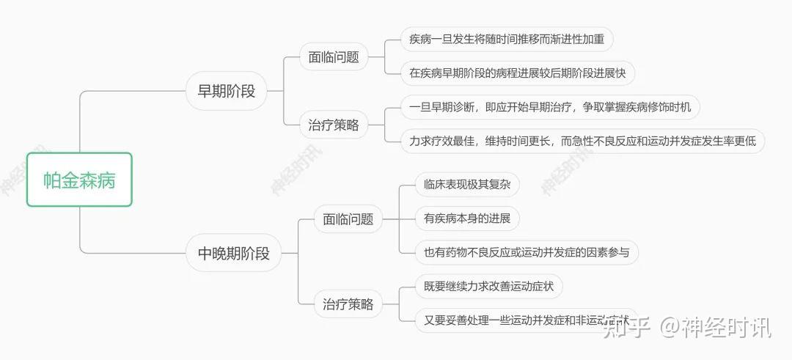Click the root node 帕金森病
79,180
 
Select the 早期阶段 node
227,92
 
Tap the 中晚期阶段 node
234,254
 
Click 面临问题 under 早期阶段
334,56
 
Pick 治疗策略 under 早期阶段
334,125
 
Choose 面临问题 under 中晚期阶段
348,218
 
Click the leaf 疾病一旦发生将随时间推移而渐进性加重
507,40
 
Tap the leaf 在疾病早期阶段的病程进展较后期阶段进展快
517,73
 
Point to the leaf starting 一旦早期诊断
550,108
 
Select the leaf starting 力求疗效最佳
582,142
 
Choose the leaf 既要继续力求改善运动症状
488,286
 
